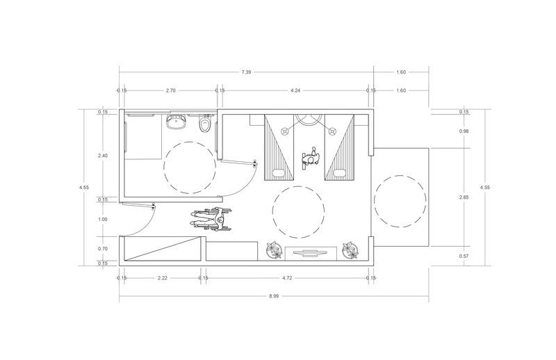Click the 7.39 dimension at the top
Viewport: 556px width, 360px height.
[x=246, y=72]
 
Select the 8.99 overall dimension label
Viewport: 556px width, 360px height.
[x=274, y=296]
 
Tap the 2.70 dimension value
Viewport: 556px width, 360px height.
[x=170, y=90]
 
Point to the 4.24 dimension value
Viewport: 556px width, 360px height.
[x=295, y=90]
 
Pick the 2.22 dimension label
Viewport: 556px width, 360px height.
[x=163, y=278]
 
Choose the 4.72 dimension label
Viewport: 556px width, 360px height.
[x=287, y=278]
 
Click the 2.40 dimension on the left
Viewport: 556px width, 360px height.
[x=102, y=156]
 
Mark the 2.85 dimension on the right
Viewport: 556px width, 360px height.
[x=464, y=197]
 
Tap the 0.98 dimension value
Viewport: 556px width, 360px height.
[x=464, y=131]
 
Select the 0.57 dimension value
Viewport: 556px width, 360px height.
[x=464, y=256]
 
